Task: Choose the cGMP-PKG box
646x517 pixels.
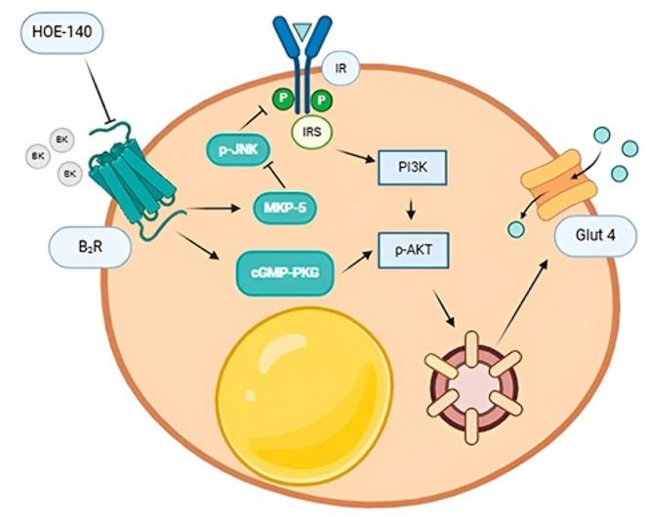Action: [x=287, y=262]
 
